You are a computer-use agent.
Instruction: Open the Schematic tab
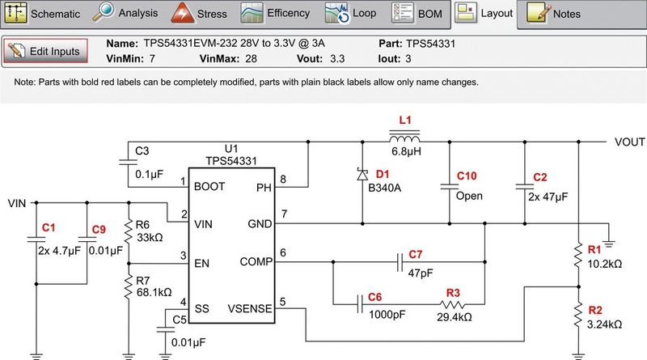(x=45, y=14)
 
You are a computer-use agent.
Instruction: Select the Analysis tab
(x=129, y=14)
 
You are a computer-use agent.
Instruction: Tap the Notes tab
(x=557, y=14)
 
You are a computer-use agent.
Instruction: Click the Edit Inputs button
(x=45, y=51)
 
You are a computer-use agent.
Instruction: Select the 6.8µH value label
(x=406, y=151)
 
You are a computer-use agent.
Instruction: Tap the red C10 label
(x=467, y=176)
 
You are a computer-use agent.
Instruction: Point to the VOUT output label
(x=630, y=142)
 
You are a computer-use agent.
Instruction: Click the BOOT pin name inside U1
(x=209, y=186)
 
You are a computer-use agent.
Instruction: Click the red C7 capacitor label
(x=416, y=255)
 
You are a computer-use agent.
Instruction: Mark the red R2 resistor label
(x=595, y=310)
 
